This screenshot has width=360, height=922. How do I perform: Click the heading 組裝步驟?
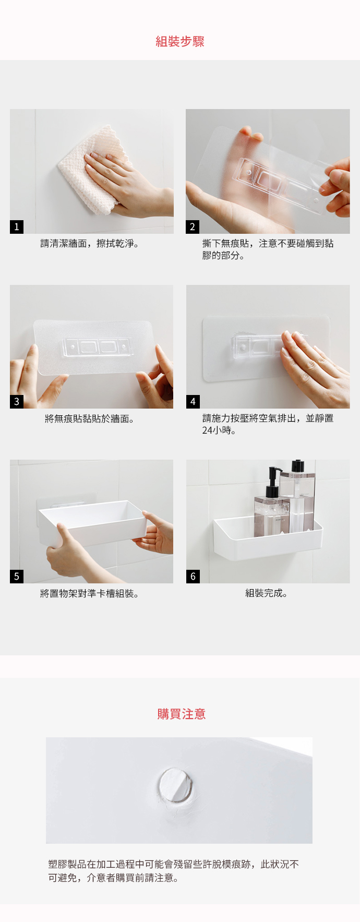(x=180, y=42)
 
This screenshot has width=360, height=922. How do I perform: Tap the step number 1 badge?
(x=17, y=226)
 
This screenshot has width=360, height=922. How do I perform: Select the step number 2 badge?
(x=193, y=226)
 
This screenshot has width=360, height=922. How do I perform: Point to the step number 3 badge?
(x=17, y=401)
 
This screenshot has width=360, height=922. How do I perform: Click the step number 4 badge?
(x=193, y=401)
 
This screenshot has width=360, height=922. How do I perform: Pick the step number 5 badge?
(x=17, y=576)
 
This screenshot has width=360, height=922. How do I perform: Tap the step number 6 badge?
(x=193, y=576)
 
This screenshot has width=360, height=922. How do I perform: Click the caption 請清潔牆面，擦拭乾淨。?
(x=90, y=244)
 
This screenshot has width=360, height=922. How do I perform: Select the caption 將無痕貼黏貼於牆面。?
(x=90, y=418)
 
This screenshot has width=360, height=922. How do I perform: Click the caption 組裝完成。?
(x=267, y=593)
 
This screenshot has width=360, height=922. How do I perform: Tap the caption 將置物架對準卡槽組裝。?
(x=90, y=594)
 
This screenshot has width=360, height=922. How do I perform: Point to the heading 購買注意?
(x=182, y=714)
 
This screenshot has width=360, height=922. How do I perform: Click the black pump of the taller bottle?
(x=298, y=465)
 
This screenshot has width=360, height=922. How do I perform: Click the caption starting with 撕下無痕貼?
(x=268, y=249)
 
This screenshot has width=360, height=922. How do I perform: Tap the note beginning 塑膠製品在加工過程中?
(x=174, y=871)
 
